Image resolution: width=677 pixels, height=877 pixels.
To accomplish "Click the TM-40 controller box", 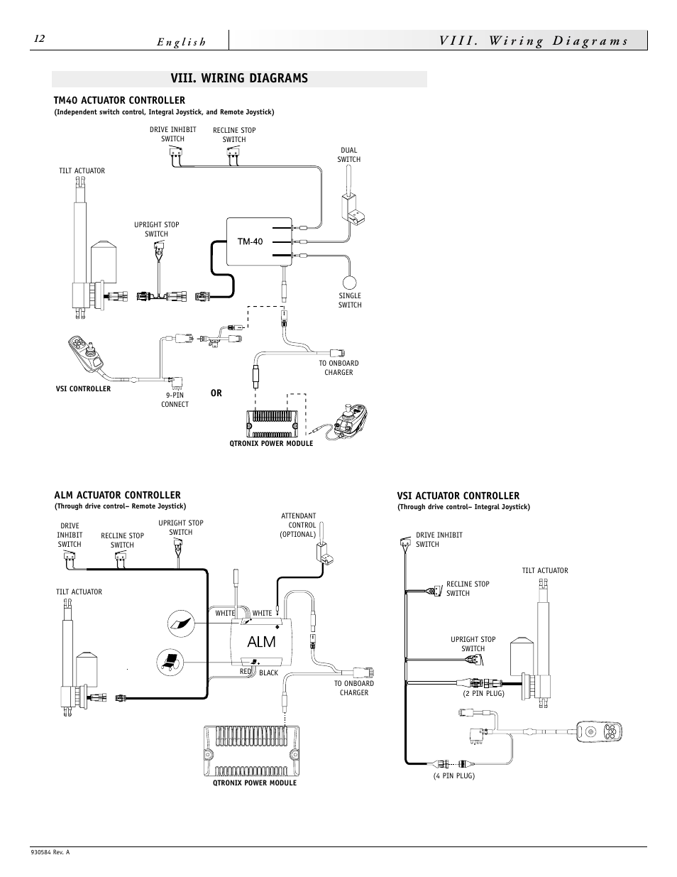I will click(259, 241).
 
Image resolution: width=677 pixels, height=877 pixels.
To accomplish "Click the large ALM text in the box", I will click(261, 642).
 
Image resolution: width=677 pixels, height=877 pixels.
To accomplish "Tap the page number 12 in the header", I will click(39, 39).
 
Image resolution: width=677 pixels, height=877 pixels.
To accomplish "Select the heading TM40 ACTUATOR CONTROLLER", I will click(119, 100).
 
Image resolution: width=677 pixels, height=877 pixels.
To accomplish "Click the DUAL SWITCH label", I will click(348, 155).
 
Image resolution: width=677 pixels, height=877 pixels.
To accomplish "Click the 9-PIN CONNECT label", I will click(175, 400).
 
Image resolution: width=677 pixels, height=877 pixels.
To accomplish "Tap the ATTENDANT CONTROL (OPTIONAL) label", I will click(298, 525).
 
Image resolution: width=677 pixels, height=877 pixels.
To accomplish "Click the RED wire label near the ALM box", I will click(246, 671).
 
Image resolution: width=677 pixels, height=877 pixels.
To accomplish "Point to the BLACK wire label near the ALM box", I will click(268, 672).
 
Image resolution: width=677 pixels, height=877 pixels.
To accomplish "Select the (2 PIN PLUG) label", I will click(483, 693).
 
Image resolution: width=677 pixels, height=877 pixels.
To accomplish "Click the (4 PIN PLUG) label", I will click(453, 776).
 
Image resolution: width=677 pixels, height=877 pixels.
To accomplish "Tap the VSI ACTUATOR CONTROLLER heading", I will click(458, 496).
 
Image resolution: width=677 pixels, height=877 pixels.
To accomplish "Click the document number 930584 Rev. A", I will click(50, 853).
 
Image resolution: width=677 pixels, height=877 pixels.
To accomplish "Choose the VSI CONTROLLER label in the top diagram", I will click(83, 388).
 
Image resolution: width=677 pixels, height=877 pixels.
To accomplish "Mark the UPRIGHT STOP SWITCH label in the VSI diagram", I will click(473, 643).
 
